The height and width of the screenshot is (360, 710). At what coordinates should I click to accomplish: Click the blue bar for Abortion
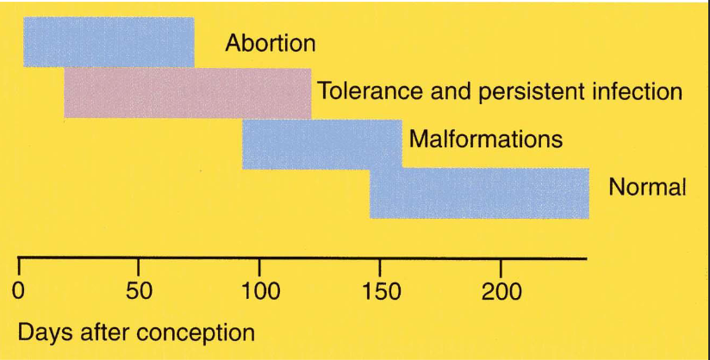[109, 41]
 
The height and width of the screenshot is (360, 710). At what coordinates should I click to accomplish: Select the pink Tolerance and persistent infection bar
[187, 92]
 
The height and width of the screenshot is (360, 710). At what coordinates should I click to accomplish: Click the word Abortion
[271, 43]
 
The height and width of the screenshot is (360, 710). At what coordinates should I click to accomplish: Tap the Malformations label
[486, 139]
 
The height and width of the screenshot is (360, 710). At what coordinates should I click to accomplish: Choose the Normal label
[647, 188]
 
